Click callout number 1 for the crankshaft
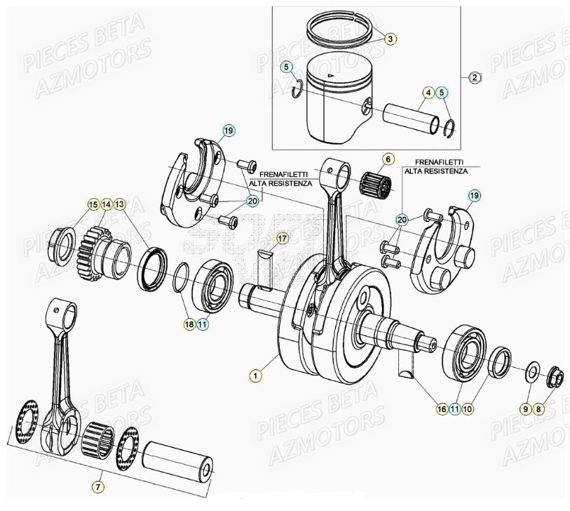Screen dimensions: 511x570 pos(256,376)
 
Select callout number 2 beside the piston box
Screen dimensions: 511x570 pos(475,77)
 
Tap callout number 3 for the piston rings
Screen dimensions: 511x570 pos(391,39)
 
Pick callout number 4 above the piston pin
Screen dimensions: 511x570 pos(427,93)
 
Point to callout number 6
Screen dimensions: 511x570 pos(388,159)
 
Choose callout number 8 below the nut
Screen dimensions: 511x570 pos(538,408)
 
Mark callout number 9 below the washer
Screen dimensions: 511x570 pos(524,408)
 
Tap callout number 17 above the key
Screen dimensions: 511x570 pos(281,239)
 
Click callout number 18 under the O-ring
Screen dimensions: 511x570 pos(188,324)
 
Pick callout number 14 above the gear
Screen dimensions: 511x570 pos(106,204)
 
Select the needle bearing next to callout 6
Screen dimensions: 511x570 pos(374,185)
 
